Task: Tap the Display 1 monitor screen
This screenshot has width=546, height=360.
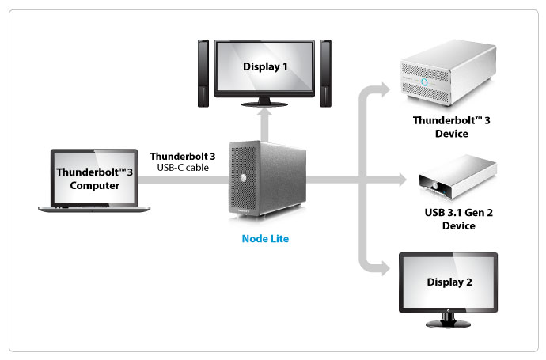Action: click(x=265, y=67)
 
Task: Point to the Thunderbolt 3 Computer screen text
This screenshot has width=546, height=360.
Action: click(x=87, y=178)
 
